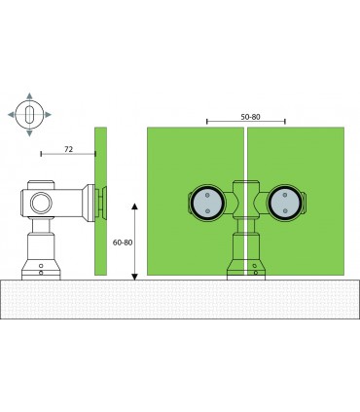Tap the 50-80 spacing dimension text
tap(249, 116)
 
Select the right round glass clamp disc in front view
tap(283, 203)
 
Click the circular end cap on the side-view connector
tap(41, 204)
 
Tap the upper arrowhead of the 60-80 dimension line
tap(134, 205)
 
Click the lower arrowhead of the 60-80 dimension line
tap(134, 275)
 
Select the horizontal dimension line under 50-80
tap(247, 124)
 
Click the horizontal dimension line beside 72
tap(68, 154)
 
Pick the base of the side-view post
tap(40, 268)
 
